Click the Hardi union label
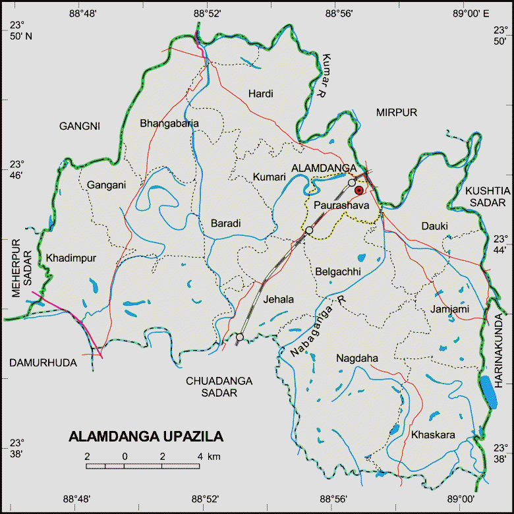tap(261, 94)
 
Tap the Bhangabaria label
tap(169, 123)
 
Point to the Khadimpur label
tap(66, 258)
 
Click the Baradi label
tap(226, 224)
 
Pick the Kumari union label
tap(269, 177)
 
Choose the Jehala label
tap(278, 299)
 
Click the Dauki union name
tap(435, 226)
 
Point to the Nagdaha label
tap(357, 358)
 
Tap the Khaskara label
tap(433, 436)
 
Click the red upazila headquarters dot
tap(359, 190)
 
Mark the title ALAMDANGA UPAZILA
tap(146, 437)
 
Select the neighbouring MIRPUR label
tap(397, 113)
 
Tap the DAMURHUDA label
tap(43, 363)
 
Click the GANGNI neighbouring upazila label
tap(80, 126)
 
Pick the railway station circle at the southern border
tap(239, 337)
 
